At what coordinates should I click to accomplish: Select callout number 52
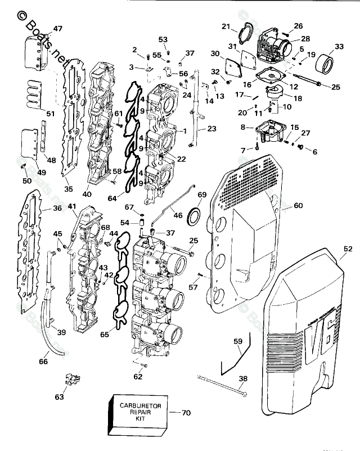348,249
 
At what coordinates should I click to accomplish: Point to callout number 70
187,413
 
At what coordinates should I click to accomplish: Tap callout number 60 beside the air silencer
298,206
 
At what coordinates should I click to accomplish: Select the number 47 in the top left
58,29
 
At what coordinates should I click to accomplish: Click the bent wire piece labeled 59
232,357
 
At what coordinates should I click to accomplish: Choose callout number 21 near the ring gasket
226,26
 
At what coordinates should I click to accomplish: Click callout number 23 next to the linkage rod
211,128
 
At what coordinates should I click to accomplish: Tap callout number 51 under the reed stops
51,114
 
